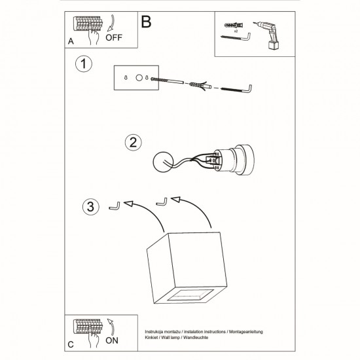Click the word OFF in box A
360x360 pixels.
coord(115,38)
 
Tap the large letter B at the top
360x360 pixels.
coord(145,22)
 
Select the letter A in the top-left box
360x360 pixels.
coord(71,41)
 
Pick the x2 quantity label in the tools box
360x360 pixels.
coord(236,31)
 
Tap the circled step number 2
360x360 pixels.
coord(133,143)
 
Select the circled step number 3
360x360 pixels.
coord(92,207)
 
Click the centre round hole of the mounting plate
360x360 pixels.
coord(139,78)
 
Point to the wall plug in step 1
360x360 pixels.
coord(202,86)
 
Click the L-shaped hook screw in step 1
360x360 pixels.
coord(237,88)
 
